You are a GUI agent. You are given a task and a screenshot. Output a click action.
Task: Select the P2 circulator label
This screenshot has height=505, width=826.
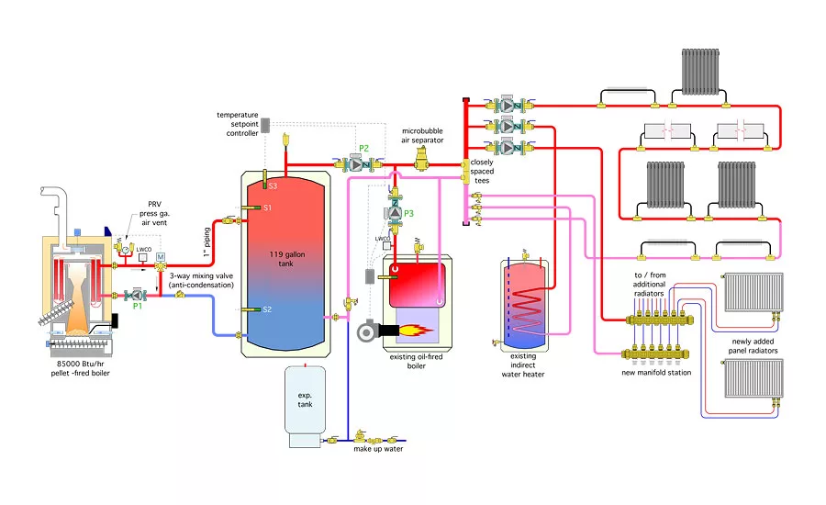click(363, 148)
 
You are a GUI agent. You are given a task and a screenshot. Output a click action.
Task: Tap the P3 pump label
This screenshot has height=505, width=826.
click(408, 214)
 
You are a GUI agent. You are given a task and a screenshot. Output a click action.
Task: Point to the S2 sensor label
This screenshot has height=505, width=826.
click(267, 309)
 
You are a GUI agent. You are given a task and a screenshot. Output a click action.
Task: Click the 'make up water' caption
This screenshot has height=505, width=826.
click(378, 448)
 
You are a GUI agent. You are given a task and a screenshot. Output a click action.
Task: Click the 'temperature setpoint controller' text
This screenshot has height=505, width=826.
click(237, 124)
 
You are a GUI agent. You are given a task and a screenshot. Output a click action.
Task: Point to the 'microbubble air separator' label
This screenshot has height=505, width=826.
click(423, 135)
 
